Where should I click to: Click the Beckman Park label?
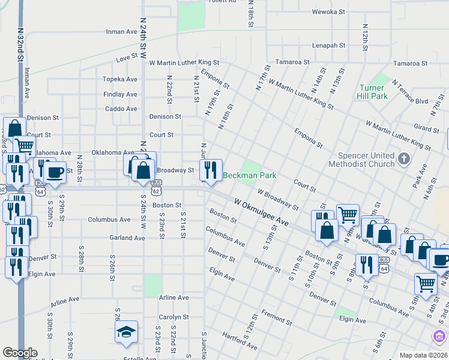tap(250, 176)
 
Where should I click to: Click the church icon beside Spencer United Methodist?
tap(404, 159)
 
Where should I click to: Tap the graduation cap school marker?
tap(127, 332)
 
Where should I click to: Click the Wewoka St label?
tap(328, 11)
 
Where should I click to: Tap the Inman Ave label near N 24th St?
tap(122, 32)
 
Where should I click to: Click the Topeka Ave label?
tap(120, 79)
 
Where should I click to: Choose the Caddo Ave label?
tap(121, 109)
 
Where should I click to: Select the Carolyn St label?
tap(174, 317)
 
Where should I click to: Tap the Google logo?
tap(20, 353)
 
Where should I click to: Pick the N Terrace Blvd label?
tap(409, 92)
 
